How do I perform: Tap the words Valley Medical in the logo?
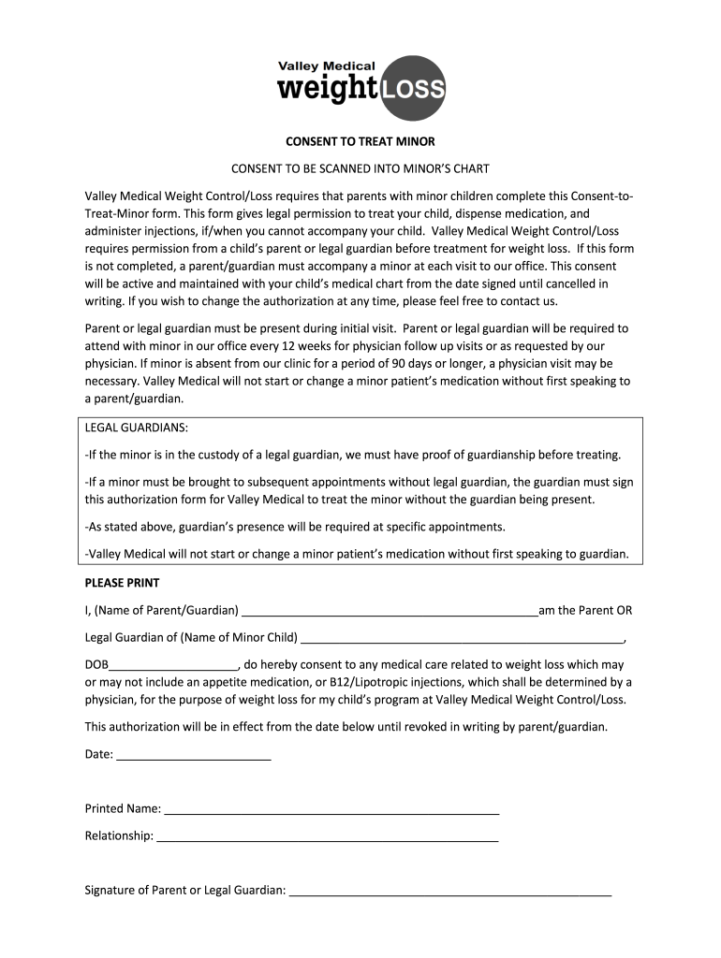[x=326, y=65]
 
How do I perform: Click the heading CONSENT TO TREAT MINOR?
[x=360, y=142]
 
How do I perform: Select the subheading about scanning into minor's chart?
[x=360, y=169]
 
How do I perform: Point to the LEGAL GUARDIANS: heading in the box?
[x=137, y=428]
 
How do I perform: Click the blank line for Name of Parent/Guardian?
[x=390, y=612]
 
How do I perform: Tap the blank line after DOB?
[x=174, y=666]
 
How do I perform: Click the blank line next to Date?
[x=193, y=754]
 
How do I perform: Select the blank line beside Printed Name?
[x=331, y=809]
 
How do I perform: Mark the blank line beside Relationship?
[x=327, y=836]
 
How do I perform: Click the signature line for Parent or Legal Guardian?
[x=450, y=891]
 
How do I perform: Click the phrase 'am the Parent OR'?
[x=585, y=611]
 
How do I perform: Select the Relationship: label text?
[x=119, y=835]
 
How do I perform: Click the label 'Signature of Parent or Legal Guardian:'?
[x=185, y=890]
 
